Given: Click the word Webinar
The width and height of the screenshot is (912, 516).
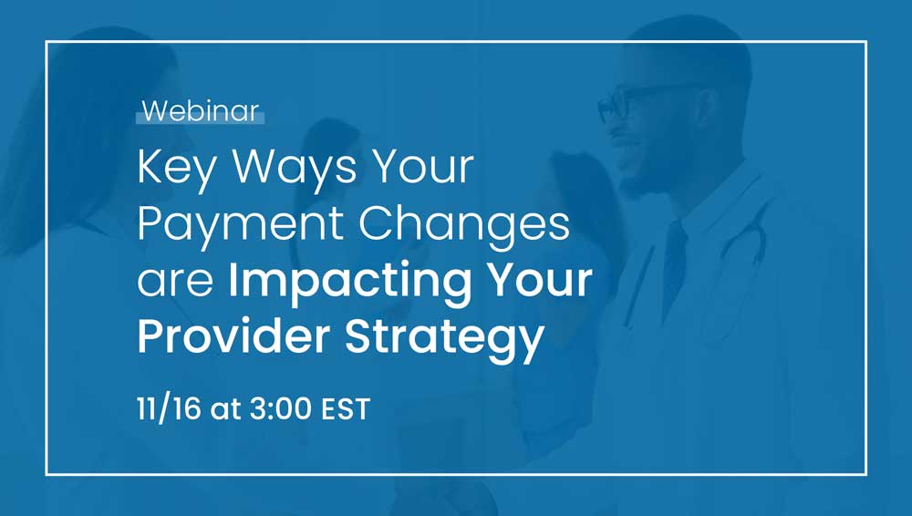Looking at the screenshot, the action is (x=201, y=110).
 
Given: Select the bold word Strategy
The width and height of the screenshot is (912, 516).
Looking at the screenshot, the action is (x=445, y=338).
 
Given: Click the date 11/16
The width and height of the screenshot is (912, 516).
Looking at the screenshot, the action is (x=169, y=408).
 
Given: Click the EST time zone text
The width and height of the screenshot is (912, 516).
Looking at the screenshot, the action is (x=346, y=409).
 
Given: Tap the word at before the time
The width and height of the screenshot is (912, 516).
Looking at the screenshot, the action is (x=225, y=409).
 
